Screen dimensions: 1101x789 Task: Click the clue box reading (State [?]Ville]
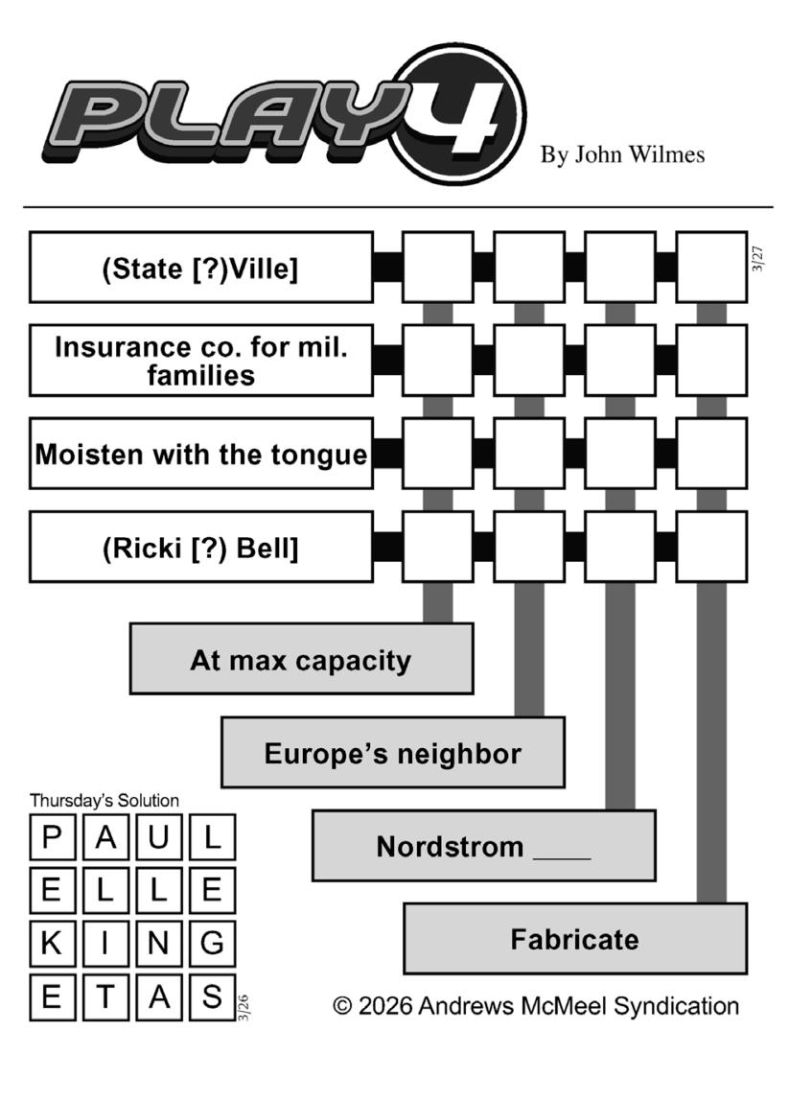pyautogui.click(x=200, y=268)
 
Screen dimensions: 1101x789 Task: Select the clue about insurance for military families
pyautogui.click(x=200, y=361)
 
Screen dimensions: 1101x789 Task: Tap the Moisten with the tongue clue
pyautogui.click(x=200, y=454)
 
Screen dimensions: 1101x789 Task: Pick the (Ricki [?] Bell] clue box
pyautogui.click(x=200, y=547)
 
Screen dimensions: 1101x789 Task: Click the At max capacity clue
pyautogui.click(x=301, y=660)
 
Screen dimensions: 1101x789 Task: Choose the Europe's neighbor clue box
pyautogui.click(x=392, y=753)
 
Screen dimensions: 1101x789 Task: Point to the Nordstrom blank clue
pyautogui.click(x=483, y=846)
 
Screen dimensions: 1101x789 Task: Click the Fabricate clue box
pyautogui.click(x=574, y=939)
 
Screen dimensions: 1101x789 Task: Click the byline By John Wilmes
pyautogui.click(x=622, y=154)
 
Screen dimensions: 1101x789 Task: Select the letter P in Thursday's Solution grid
pyautogui.click(x=53, y=838)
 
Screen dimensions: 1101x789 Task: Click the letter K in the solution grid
pyautogui.click(x=53, y=944)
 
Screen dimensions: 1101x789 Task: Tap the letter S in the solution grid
pyautogui.click(x=212, y=997)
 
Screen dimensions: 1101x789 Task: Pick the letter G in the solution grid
pyautogui.click(x=212, y=944)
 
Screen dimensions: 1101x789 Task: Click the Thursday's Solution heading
pyautogui.click(x=104, y=800)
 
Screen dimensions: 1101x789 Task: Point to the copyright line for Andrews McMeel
pyautogui.click(x=536, y=1006)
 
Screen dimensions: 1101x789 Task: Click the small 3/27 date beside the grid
pyautogui.click(x=758, y=259)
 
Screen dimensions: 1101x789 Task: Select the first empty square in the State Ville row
pyautogui.click(x=437, y=268)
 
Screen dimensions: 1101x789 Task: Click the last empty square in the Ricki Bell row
pyautogui.click(x=711, y=547)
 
